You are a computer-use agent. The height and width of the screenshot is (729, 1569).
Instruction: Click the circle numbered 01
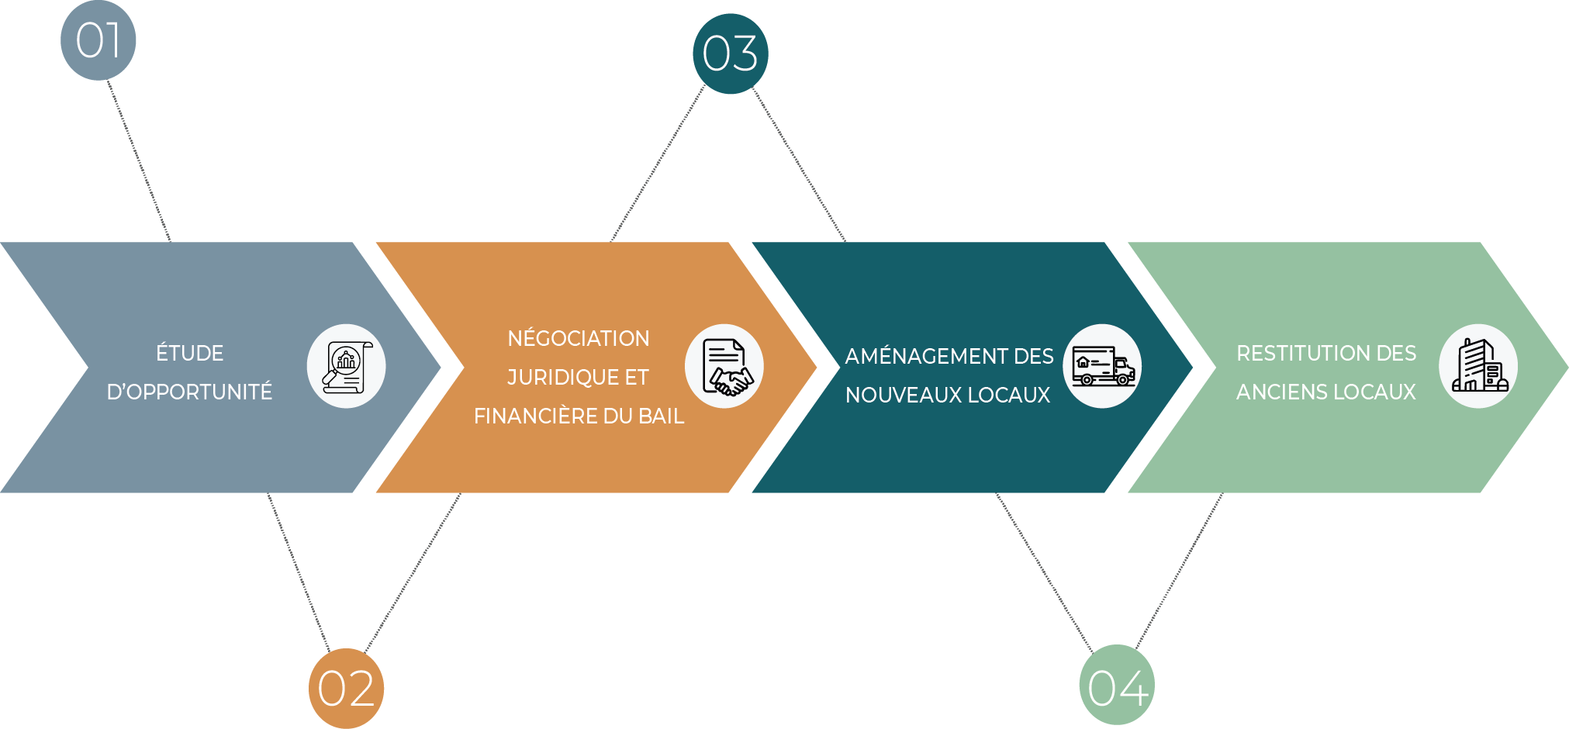coord(98,40)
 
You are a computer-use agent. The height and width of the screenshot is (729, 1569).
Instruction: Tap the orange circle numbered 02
coord(346,688)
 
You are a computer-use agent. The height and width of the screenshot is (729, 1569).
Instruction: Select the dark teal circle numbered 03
coord(730,54)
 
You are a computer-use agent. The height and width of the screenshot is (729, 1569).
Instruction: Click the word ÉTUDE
coord(189,354)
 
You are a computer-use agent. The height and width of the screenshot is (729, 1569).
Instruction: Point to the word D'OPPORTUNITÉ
coord(189,392)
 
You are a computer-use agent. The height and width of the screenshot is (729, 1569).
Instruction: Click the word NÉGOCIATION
coord(579,339)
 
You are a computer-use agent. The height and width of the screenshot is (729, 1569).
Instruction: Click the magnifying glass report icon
coord(346,366)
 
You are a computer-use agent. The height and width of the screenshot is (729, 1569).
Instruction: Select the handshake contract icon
coord(724,366)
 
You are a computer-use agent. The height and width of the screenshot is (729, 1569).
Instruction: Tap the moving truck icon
coord(1102,366)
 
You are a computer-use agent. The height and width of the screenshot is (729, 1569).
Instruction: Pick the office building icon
coord(1478,366)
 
